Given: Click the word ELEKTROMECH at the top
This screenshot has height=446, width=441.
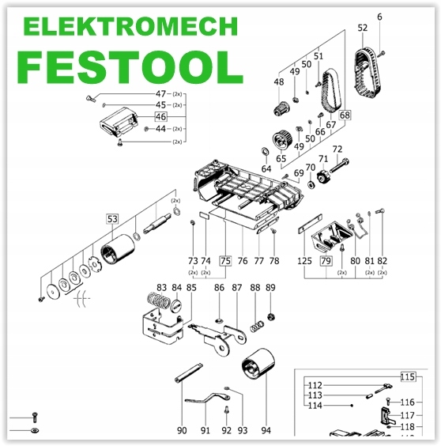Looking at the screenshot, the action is click(130, 26).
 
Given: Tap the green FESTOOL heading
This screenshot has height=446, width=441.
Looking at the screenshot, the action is click(130, 67).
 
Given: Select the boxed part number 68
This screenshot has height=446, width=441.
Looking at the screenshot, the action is click(345, 115).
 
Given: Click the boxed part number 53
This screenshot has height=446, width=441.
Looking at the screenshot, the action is click(112, 219).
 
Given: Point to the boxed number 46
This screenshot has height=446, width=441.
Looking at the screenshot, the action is click(160, 116).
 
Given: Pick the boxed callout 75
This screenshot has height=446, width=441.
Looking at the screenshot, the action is click(225, 260).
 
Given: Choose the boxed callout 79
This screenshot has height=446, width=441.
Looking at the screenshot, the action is click(326, 260).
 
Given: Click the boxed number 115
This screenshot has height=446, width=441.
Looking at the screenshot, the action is click(408, 377).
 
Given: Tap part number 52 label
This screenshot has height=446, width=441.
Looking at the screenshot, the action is click(363, 28).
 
